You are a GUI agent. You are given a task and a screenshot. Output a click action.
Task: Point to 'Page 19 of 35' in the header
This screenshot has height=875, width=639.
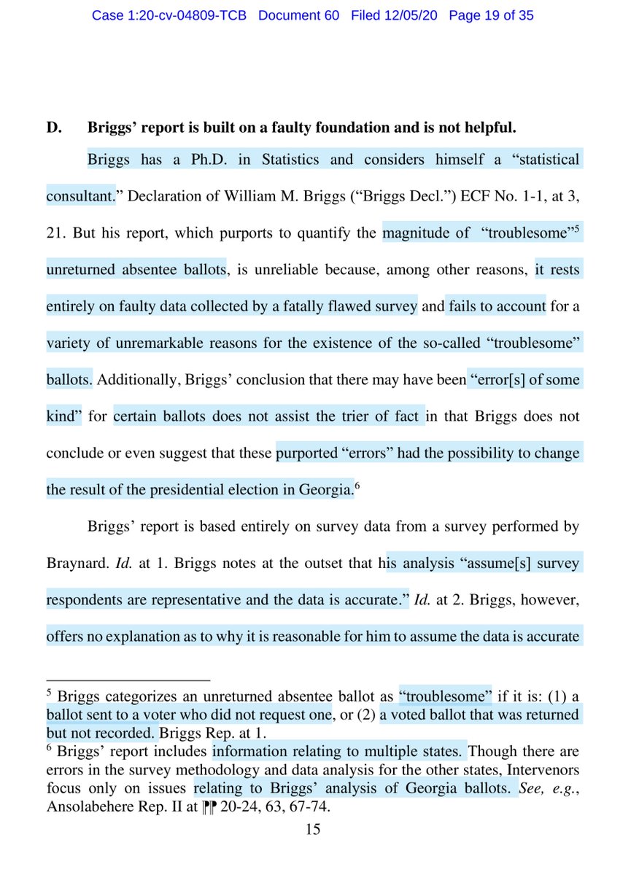pos(491,15)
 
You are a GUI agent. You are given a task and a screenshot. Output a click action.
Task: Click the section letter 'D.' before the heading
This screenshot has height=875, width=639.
pos(55,128)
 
